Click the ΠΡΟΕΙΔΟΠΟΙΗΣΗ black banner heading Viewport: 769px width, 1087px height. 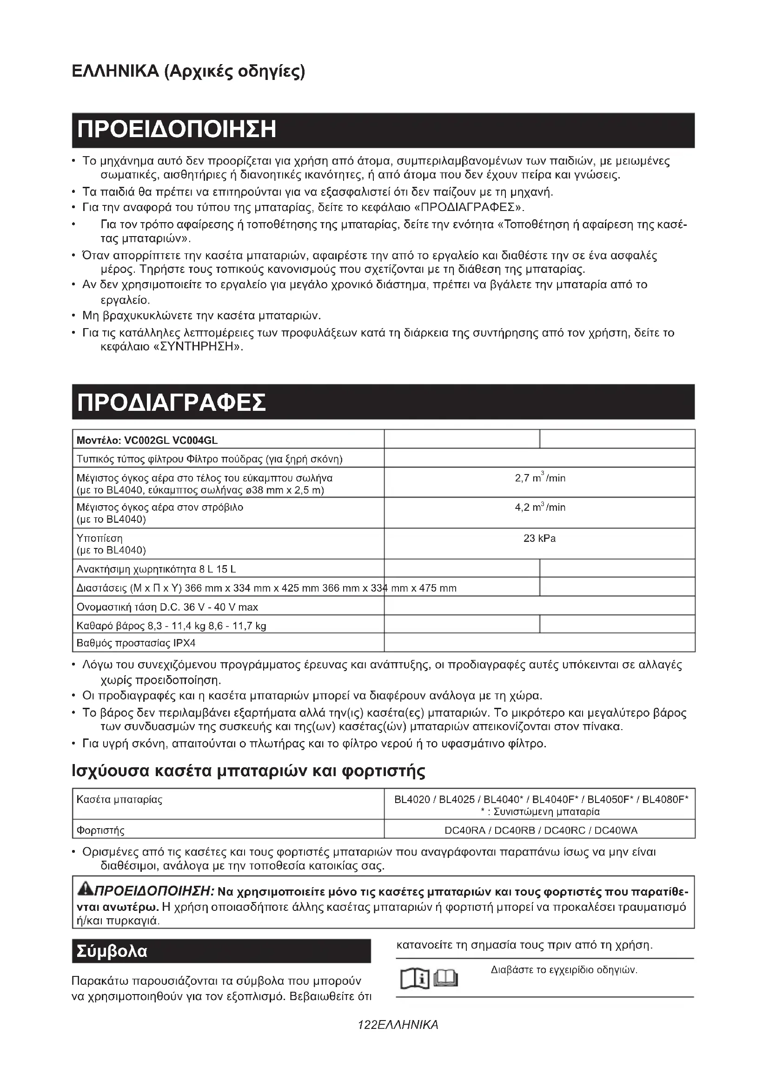point(177,130)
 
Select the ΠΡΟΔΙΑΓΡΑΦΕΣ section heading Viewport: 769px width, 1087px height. point(172,402)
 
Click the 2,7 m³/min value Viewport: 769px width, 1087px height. point(540,478)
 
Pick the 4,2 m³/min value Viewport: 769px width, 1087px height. point(540,507)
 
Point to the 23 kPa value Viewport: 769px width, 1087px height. point(539,538)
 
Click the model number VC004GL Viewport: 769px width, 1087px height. point(195,440)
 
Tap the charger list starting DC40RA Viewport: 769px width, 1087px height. point(541,830)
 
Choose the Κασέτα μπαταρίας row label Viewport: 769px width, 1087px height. point(119,800)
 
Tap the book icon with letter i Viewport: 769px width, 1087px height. point(415,979)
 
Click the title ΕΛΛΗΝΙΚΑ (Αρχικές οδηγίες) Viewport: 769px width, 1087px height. point(188,72)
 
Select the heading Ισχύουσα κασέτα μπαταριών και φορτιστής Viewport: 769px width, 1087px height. point(249,771)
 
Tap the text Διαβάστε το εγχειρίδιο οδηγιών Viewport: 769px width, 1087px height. point(564,970)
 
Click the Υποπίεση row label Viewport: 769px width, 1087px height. point(99,538)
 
